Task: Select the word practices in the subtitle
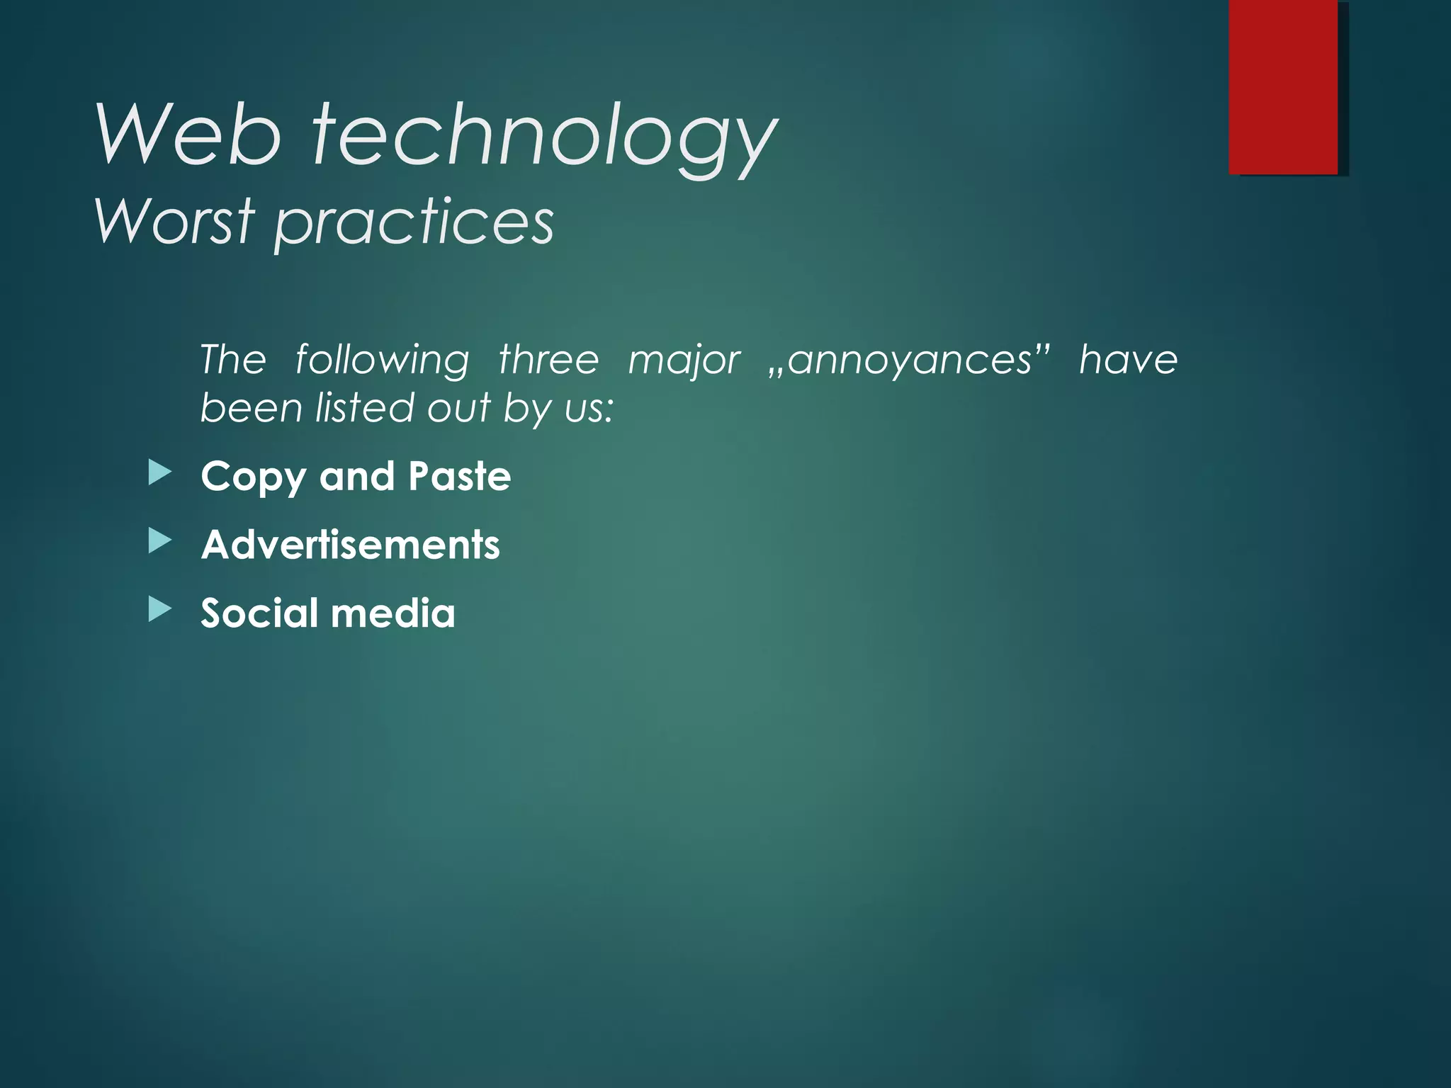point(414,224)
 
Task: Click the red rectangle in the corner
point(1283,86)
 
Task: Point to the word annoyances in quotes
point(910,360)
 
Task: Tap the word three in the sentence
point(548,359)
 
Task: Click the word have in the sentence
point(1128,359)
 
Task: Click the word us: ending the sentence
point(589,409)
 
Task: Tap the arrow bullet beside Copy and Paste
point(160,473)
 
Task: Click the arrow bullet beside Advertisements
point(160,542)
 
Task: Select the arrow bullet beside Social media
point(160,610)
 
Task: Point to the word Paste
point(459,475)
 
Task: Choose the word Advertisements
point(351,545)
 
